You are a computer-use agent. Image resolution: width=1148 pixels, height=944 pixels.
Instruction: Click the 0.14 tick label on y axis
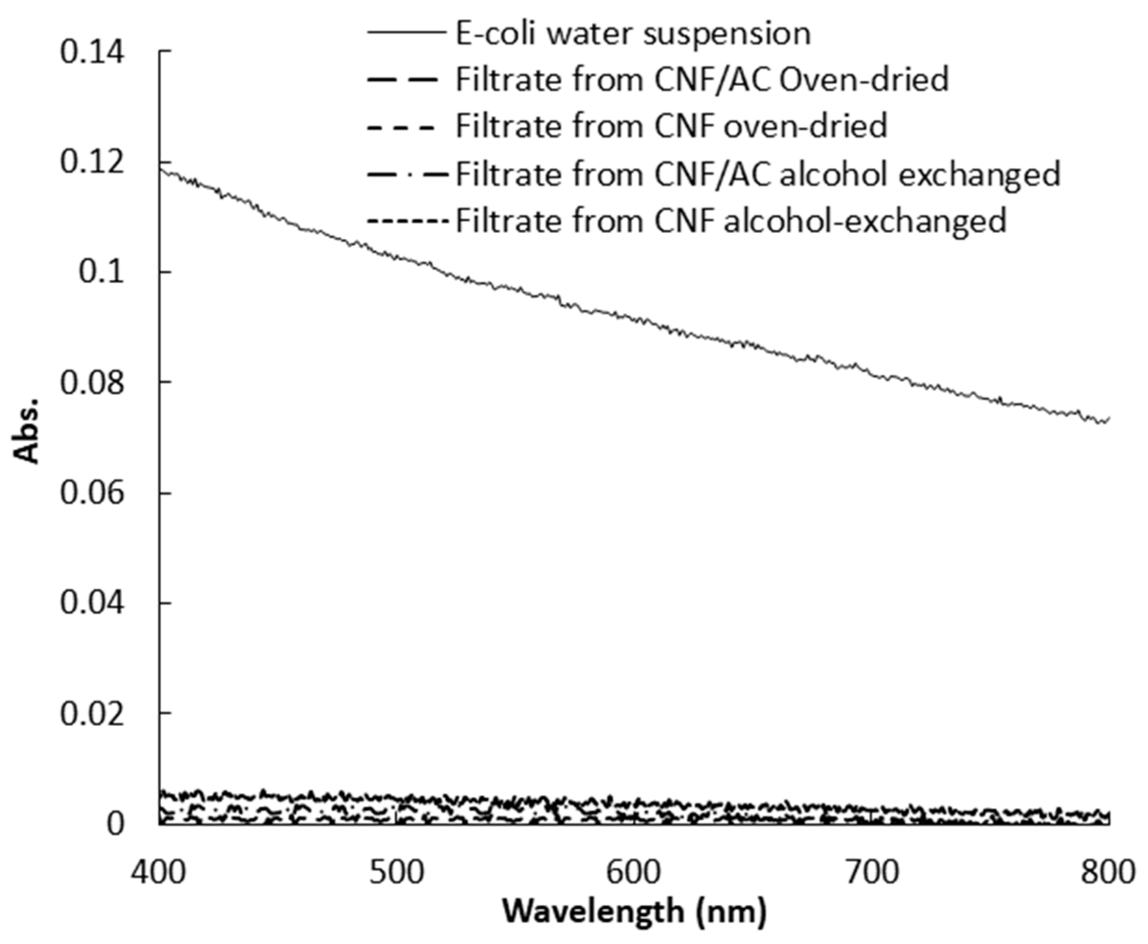point(92,53)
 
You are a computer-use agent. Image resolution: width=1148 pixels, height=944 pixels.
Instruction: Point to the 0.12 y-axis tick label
point(92,162)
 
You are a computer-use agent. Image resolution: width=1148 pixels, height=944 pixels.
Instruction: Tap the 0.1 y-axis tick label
point(101,272)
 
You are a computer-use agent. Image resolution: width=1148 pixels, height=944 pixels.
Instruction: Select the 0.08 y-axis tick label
point(92,382)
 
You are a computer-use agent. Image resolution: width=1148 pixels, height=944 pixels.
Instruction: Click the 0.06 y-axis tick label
point(92,493)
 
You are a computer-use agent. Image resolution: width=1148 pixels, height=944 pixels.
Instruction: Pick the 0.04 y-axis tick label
point(92,603)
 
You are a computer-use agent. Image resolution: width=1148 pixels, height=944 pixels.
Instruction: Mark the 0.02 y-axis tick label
point(92,713)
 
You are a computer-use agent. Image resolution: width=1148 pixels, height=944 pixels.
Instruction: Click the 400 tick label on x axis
point(159,872)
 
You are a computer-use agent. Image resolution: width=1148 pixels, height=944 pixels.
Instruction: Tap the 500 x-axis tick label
point(396,872)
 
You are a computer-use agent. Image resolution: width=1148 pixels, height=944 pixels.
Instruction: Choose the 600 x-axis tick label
point(633,872)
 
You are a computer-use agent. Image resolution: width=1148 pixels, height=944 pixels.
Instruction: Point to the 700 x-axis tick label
point(871,872)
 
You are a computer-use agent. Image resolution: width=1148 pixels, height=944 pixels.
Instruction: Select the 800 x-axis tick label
point(1108,872)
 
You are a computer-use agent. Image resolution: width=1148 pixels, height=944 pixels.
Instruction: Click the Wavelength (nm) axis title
point(634,911)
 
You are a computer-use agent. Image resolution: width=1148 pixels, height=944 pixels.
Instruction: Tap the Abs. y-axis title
point(27,430)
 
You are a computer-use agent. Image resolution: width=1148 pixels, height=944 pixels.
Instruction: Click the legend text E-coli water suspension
point(633,34)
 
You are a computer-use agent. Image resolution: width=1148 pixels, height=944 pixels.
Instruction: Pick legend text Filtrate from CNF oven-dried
point(671,126)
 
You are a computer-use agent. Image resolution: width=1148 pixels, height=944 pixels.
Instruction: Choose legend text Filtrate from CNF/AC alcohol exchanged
point(758,174)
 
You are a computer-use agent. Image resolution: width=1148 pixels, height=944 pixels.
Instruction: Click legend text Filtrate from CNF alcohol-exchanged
point(731,221)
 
